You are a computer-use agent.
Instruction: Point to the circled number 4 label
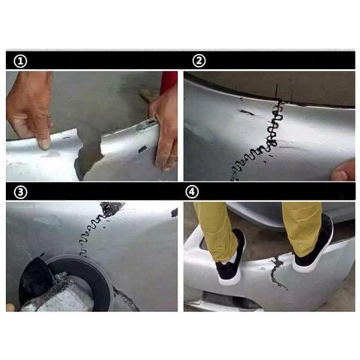(x=199, y=191)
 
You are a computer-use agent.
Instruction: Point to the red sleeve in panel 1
(x=169, y=81)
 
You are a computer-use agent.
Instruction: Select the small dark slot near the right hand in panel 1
(x=142, y=149)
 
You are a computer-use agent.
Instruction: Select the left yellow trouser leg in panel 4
(x=217, y=225)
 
